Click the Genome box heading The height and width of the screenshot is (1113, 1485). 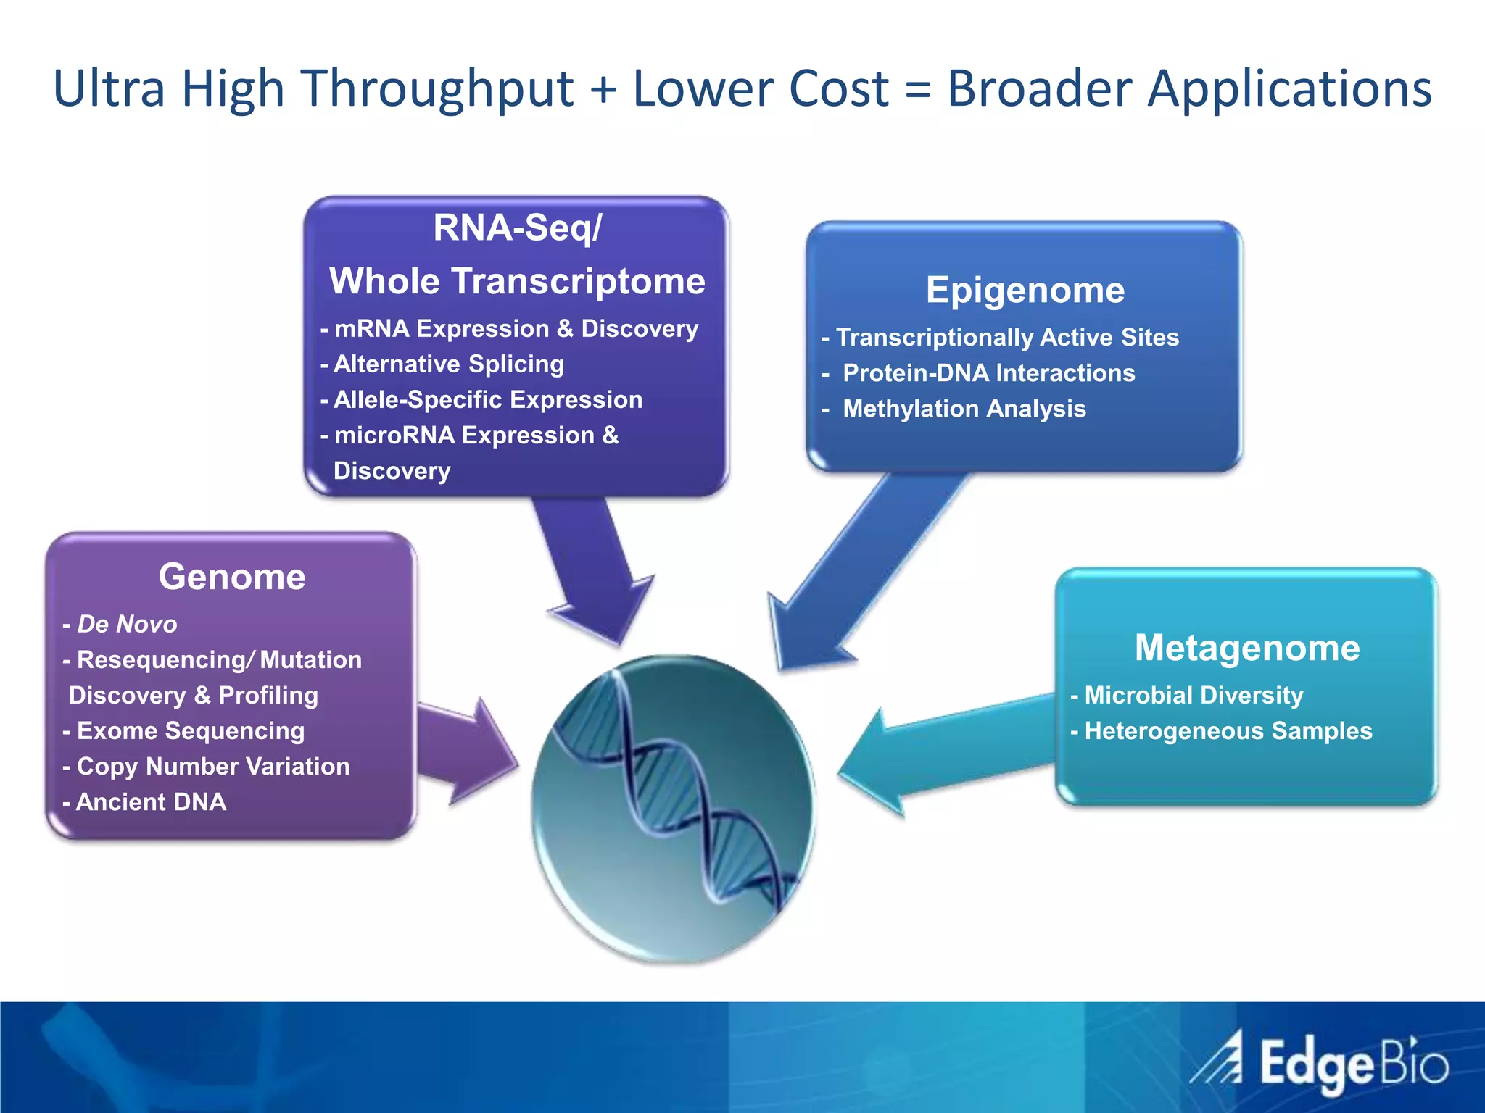[x=232, y=577]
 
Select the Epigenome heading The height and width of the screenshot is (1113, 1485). [x=1025, y=290]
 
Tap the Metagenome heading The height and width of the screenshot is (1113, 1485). [x=1246, y=647]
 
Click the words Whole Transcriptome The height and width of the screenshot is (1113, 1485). [x=517, y=281]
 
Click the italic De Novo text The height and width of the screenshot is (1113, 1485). [x=126, y=624]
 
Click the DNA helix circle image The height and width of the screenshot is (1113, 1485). [x=673, y=808]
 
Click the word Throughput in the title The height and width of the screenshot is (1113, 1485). [x=438, y=88]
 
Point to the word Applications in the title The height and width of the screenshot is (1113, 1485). [x=1289, y=88]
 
